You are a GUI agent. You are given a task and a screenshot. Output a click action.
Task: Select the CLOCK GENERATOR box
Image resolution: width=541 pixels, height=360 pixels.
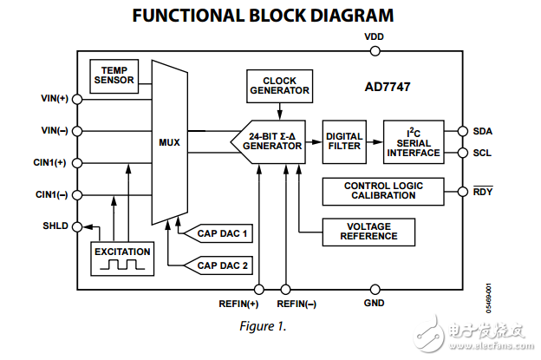click(x=279, y=85)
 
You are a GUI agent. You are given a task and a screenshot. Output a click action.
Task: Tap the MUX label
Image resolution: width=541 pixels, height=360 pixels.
click(x=169, y=142)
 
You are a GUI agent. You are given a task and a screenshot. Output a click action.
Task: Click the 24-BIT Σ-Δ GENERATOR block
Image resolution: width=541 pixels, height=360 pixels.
click(x=270, y=141)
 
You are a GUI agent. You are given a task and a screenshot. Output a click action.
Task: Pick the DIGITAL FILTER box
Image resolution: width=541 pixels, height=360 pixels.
click(x=343, y=141)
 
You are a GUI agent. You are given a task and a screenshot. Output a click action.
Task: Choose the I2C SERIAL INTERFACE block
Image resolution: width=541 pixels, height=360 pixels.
click(x=414, y=141)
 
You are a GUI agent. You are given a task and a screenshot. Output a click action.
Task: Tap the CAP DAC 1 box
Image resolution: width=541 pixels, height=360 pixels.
click(x=221, y=233)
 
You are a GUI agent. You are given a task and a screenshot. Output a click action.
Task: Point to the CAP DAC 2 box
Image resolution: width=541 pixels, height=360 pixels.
click(x=221, y=265)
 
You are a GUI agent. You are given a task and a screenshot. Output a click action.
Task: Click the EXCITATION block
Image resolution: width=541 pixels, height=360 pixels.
click(x=122, y=257)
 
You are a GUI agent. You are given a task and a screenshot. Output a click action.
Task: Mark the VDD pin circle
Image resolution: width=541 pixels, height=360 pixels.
click(x=375, y=51)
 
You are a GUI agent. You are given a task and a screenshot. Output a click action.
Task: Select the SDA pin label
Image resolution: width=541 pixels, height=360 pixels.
click(x=482, y=131)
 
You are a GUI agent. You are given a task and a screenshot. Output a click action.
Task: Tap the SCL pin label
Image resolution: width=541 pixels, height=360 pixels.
click(x=482, y=153)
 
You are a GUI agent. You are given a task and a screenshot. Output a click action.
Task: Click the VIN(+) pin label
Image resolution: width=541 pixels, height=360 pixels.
click(x=54, y=98)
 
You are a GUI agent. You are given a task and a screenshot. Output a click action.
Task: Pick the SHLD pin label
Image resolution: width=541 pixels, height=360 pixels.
click(x=55, y=226)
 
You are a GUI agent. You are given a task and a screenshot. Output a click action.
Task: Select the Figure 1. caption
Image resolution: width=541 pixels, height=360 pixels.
click(x=261, y=327)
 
